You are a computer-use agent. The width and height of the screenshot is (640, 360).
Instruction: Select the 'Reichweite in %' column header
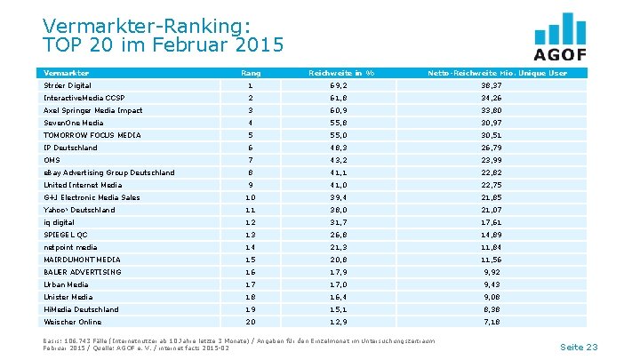[x=339, y=72]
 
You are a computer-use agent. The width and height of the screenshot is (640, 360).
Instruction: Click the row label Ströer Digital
[x=68, y=84]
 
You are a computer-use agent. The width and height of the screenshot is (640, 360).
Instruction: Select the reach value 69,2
[x=339, y=84]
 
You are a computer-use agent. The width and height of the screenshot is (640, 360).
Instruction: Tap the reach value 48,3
[x=339, y=148]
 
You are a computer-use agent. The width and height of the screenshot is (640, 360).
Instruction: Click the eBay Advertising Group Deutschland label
[x=108, y=172]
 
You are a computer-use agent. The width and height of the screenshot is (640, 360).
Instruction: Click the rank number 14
[x=251, y=247]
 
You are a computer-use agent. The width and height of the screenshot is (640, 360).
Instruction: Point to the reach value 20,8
[x=339, y=260]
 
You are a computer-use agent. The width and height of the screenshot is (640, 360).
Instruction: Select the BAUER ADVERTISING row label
[x=82, y=272]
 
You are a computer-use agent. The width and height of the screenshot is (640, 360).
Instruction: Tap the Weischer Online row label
[x=72, y=322]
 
